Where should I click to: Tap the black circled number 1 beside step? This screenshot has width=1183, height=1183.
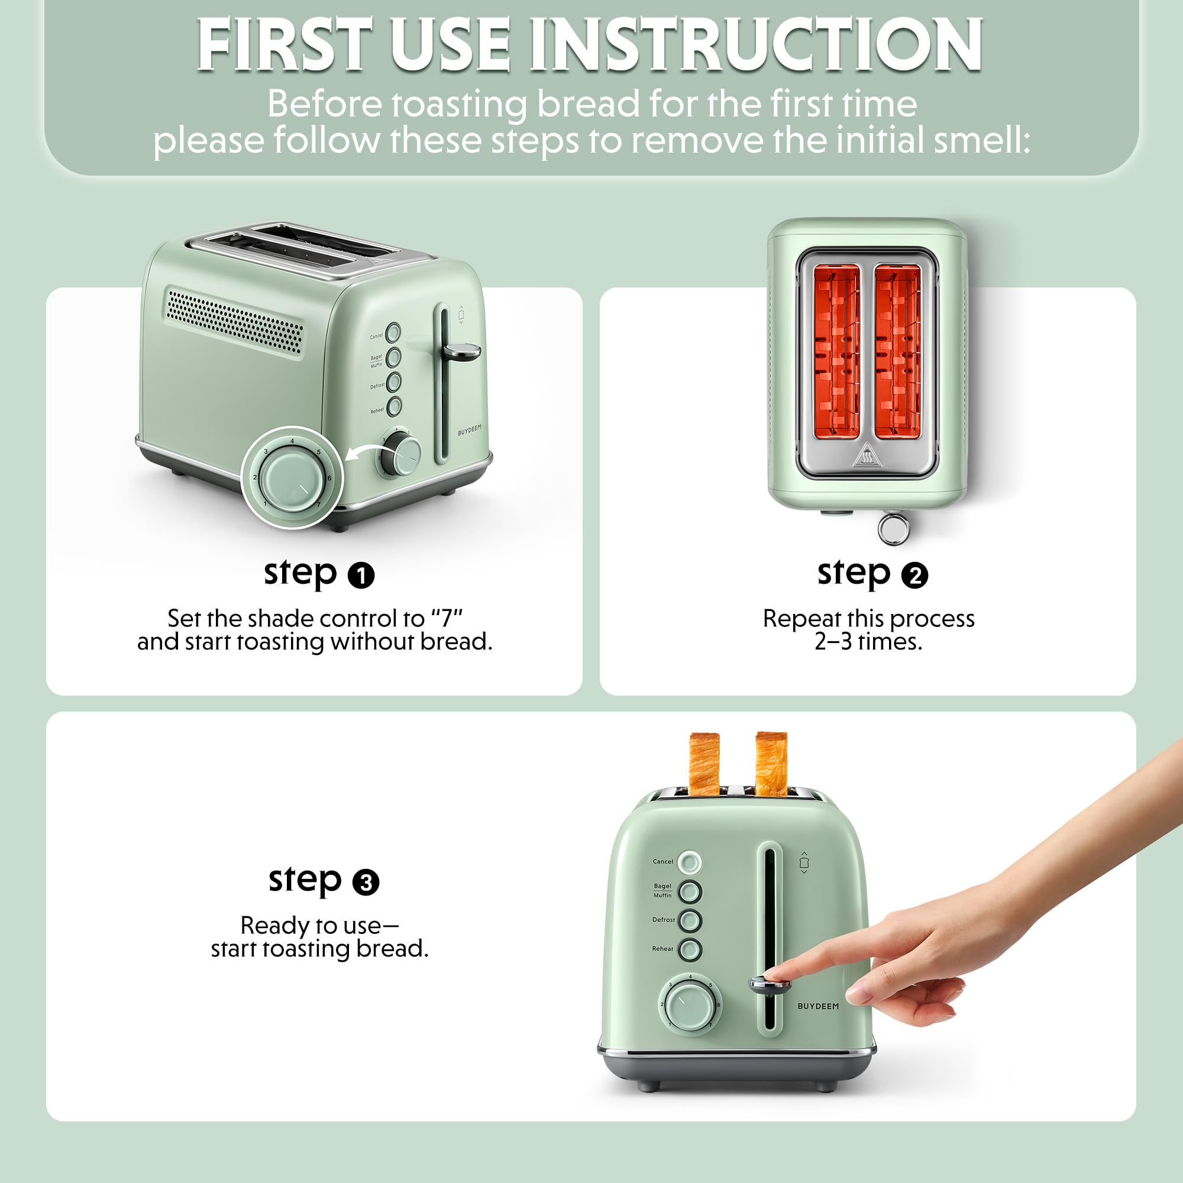pyautogui.click(x=361, y=576)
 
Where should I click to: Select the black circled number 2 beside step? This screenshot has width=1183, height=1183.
pyautogui.click(x=915, y=576)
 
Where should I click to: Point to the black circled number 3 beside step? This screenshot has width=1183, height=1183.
pyautogui.click(x=366, y=883)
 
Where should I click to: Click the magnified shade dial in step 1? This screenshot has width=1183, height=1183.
pyautogui.click(x=292, y=477)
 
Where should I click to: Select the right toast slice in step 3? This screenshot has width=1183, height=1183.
pyautogui.click(x=771, y=764)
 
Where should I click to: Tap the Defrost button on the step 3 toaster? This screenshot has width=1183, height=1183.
pyautogui.click(x=690, y=920)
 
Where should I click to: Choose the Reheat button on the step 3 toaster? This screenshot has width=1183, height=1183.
pyautogui.click(x=690, y=949)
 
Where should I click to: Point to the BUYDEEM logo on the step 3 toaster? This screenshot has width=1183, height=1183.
pyautogui.click(x=818, y=1006)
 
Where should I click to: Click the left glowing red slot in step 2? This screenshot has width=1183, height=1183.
pyautogui.click(x=836, y=351)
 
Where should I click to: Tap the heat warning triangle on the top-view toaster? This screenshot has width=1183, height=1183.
pyautogui.click(x=867, y=457)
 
